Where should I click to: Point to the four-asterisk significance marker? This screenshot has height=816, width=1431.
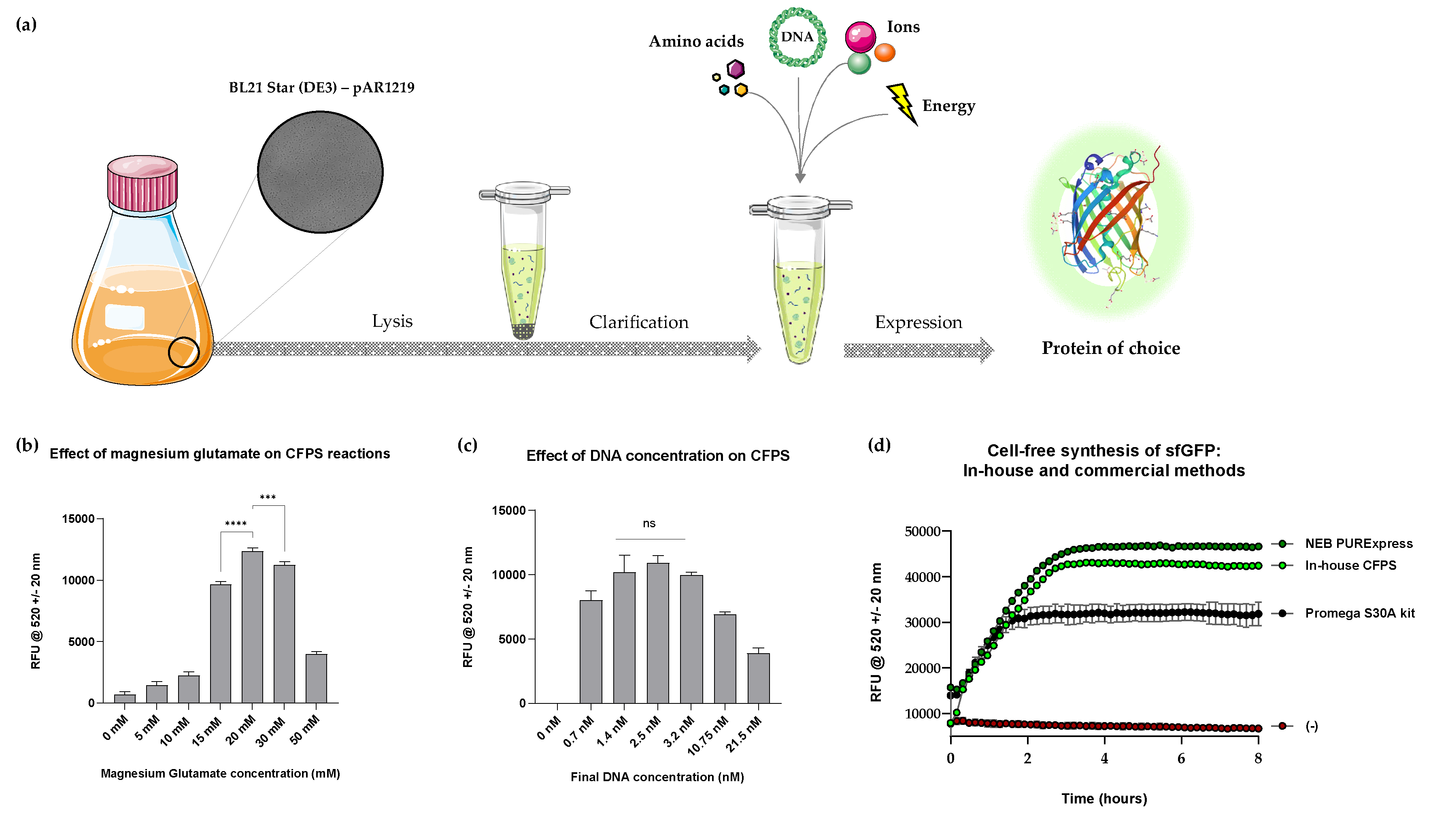[x=236, y=524]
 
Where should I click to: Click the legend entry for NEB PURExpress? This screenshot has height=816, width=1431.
[x=1358, y=543]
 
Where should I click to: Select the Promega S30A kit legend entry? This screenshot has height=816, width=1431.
[x=1359, y=613]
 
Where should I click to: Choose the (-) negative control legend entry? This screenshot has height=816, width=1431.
[x=1311, y=727]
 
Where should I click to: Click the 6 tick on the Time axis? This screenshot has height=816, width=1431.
[x=1181, y=758]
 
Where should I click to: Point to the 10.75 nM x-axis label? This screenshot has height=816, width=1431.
[x=708, y=736]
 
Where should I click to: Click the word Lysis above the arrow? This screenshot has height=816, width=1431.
[x=392, y=321]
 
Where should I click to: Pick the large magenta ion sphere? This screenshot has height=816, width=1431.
[x=860, y=36]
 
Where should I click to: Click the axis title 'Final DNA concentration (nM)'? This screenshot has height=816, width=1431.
[x=657, y=777]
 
